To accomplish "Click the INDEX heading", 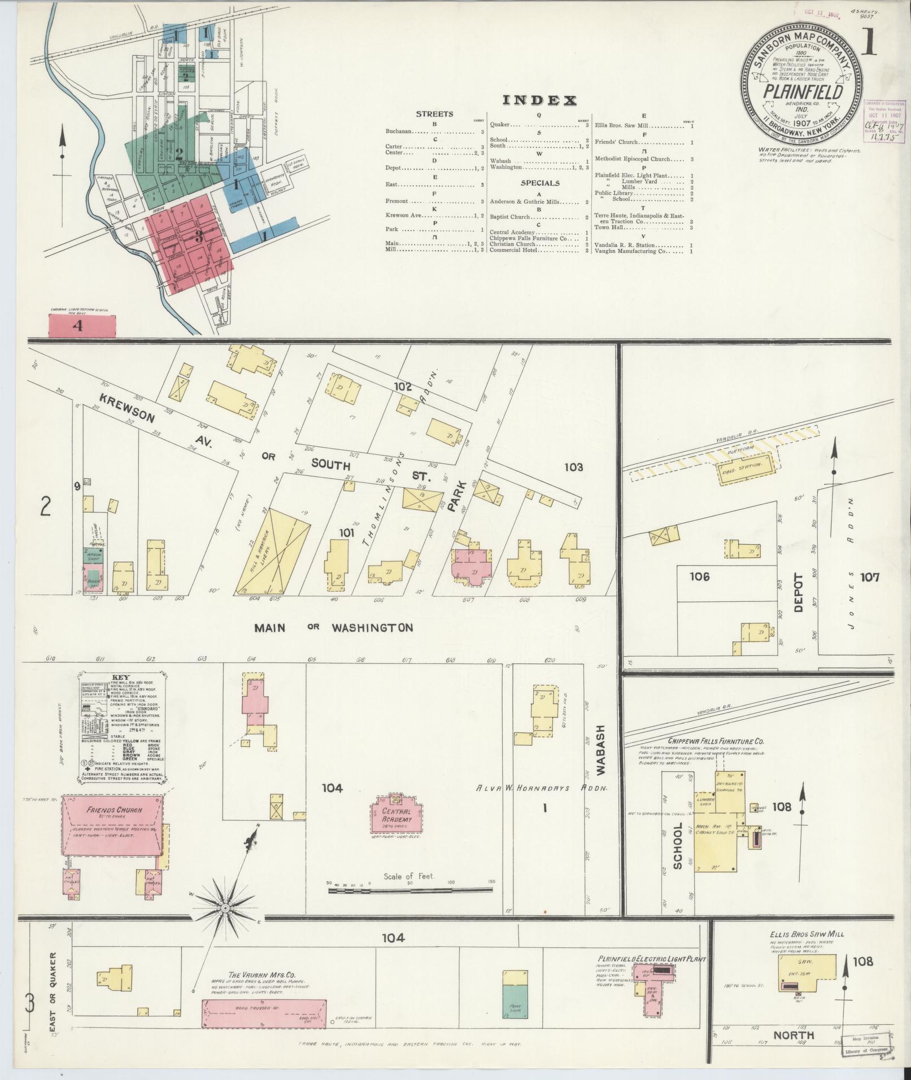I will pyautogui.click(x=539, y=101).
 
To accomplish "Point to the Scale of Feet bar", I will pyautogui.click(x=411, y=891).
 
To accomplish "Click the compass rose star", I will pyautogui.click(x=225, y=908).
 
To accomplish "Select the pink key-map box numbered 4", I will pyautogui.click(x=82, y=326).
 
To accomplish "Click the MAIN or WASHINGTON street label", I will pyautogui.click(x=333, y=628).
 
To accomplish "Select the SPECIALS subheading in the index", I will pyautogui.click(x=541, y=183).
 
